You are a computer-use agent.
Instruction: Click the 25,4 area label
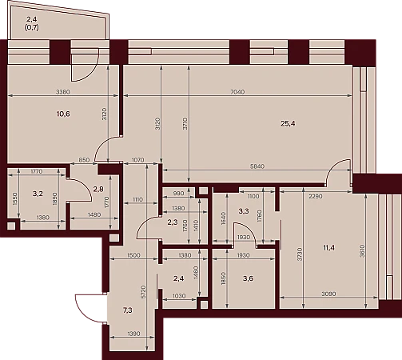tap(288, 123)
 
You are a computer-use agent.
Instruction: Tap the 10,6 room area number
tap(63, 114)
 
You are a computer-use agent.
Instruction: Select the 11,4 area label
tap(328, 248)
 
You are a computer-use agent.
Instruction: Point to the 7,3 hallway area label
tap(128, 310)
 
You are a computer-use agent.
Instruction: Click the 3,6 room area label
tap(248, 278)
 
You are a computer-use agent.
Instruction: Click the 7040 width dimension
tap(237, 92)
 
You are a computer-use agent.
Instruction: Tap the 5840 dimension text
tap(257, 166)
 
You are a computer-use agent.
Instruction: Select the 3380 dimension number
tap(63, 92)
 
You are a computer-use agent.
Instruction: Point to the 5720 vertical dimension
tap(143, 292)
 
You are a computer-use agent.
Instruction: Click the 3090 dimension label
tap(328, 294)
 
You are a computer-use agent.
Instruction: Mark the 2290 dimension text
tap(316, 197)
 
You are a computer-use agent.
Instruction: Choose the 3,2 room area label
tap(38, 194)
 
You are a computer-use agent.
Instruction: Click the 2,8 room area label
tap(98, 190)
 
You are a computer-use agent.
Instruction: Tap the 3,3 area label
tap(244, 211)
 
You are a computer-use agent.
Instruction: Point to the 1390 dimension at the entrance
tap(133, 334)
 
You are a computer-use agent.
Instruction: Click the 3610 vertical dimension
tap(362, 251)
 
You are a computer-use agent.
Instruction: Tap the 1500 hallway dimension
tap(133, 255)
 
